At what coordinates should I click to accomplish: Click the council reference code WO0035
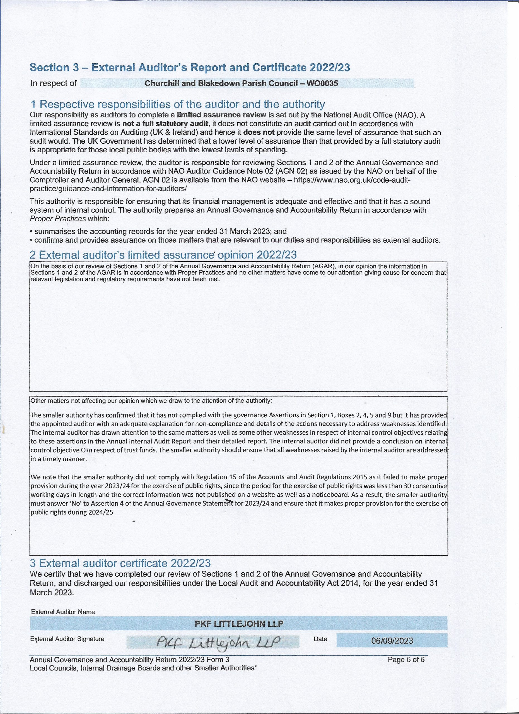(x=323, y=84)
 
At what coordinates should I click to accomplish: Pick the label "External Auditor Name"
(x=63, y=612)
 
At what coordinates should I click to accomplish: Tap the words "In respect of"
(x=54, y=83)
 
